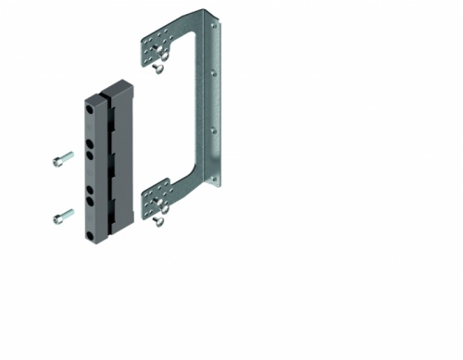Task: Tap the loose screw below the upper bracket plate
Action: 159,67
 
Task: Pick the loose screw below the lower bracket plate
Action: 160,220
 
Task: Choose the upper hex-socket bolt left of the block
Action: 62,159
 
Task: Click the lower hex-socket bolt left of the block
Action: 62,217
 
